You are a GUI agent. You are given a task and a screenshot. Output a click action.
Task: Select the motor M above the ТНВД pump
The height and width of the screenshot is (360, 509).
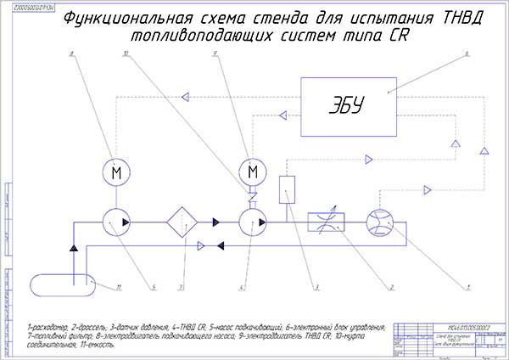pyautogui.click(x=252, y=172)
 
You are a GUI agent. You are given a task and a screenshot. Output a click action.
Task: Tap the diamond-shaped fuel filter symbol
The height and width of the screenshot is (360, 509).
pyautogui.click(x=183, y=222)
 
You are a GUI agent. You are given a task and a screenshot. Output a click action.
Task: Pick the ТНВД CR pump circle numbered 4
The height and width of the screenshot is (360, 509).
pyautogui.click(x=252, y=222)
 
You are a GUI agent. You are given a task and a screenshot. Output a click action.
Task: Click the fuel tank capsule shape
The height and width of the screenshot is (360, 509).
pyautogui.click(x=61, y=285)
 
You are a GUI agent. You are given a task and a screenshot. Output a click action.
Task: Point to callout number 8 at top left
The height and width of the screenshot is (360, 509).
pyautogui.click(x=73, y=54)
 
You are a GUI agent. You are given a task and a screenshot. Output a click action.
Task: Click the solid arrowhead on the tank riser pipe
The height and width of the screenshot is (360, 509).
pyautogui.click(x=75, y=248)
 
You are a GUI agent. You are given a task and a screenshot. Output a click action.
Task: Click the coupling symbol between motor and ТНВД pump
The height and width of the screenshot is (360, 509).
pyautogui.click(x=252, y=196)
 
